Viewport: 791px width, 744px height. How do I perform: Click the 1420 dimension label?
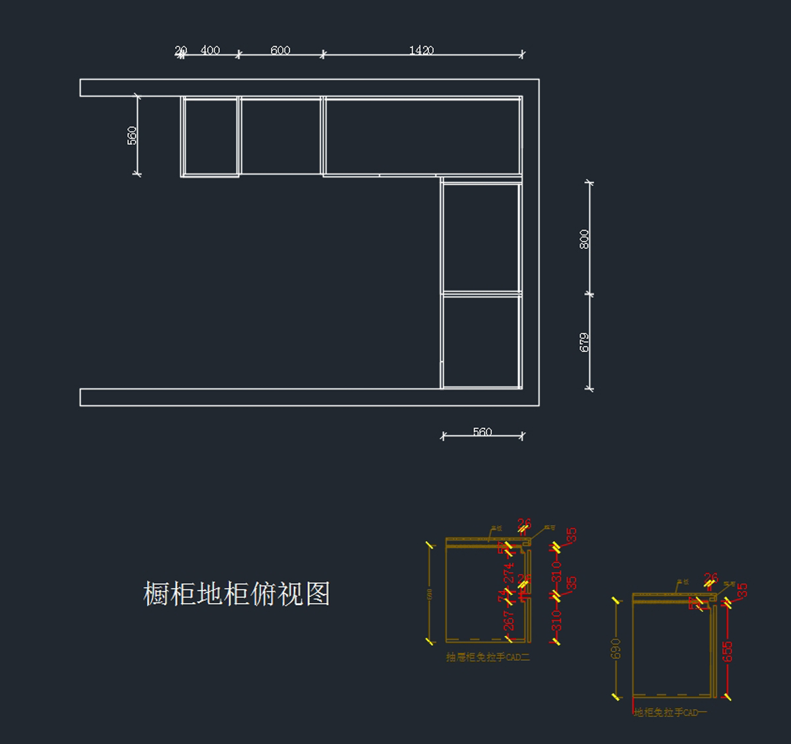pos(421,50)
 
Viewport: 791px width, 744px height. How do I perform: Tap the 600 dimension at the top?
pos(280,50)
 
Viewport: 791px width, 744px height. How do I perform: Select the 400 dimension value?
pos(210,50)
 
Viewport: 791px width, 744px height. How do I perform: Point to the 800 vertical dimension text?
pos(584,239)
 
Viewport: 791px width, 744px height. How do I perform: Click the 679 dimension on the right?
pos(584,342)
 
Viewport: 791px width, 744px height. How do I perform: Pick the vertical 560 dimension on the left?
pos(132,136)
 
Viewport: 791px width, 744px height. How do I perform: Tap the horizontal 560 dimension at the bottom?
pos(482,432)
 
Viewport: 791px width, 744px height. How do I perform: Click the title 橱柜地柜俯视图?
pos(236,594)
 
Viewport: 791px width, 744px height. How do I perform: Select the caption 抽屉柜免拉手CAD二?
pos(487,657)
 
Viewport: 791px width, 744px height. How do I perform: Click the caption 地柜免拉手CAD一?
pos(670,712)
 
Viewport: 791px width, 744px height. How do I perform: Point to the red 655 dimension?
pos(728,651)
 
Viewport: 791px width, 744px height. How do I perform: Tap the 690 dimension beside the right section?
pos(616,649)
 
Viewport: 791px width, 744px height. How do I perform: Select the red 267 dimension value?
pos(509,621)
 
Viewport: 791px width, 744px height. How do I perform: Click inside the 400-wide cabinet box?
pos(210,136)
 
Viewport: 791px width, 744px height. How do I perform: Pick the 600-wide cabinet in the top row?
pos(281,136)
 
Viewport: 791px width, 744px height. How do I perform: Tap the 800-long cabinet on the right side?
pos(481,237)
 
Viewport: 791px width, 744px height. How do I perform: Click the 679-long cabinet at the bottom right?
pos(481,341)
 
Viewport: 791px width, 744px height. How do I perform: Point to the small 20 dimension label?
pos(181,50)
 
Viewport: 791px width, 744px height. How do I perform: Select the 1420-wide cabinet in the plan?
pos(422,136)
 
